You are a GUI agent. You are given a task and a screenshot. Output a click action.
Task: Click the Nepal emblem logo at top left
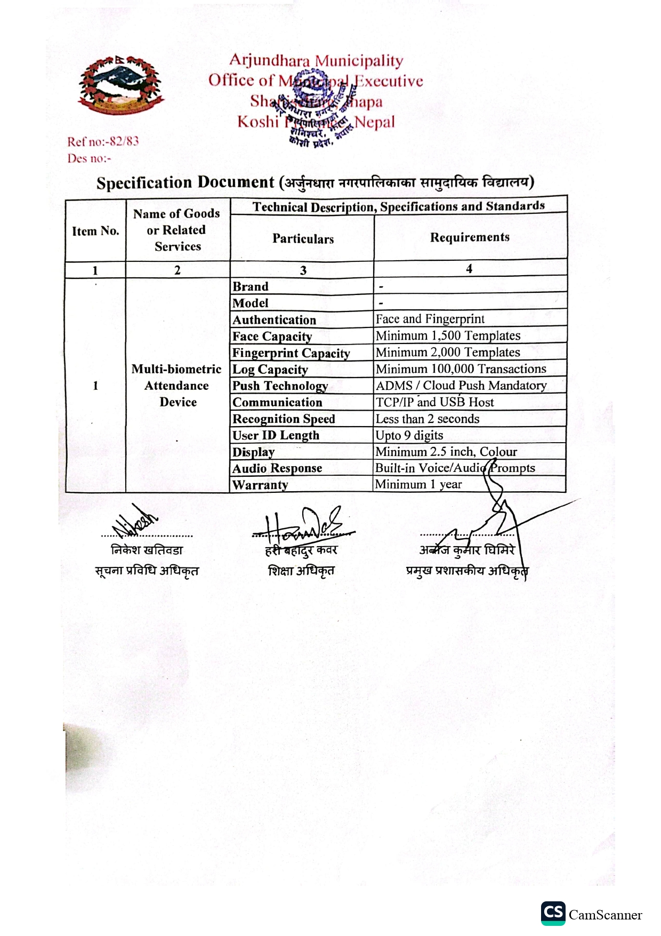pyautogui.click(x=120, y=84)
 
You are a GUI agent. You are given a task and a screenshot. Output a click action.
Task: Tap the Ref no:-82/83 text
pyautogui.click(x=103, y=141)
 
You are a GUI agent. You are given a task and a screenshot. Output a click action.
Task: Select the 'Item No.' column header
pyautogui.click(x=95, y=231)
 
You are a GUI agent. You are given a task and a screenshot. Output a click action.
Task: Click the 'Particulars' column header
pyautogui.click(x=303, y=238)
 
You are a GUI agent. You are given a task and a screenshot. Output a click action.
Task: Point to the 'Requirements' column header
pyautogui.click(x=470, y=237)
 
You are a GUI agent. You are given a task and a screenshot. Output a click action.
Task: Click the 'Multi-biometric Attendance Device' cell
pyautogui.click(x=177, y=386)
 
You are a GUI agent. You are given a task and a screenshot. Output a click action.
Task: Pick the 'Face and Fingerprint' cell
pyautogui.click(x=430, y=319)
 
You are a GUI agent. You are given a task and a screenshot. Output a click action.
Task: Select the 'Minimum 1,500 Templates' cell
pyautogui.click(x=448, y=335)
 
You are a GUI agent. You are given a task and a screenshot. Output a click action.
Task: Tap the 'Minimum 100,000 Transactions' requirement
pyautogui.click(x=461, y=369)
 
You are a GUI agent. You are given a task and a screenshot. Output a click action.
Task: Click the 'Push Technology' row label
pyautogui.click(x=280, y=386)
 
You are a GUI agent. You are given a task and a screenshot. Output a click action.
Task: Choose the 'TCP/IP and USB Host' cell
pyautogui.click(x=434, y=402)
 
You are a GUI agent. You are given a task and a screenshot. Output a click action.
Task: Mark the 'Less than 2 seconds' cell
pyautogui.click(x=428, y=419)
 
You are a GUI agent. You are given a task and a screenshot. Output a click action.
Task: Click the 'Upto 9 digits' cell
pyautogui.click(x=409, y=435)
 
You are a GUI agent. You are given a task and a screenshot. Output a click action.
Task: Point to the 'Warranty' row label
pyautogui.click(x=260, y=485)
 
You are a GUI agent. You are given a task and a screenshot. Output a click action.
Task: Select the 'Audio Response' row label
pyautogui.click(x=277, y=468)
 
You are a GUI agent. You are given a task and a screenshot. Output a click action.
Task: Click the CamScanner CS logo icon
pyautogui.click(x=553, y=913)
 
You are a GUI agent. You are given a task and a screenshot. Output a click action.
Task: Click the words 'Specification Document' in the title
pyautogui.click(x=185, y=182)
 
